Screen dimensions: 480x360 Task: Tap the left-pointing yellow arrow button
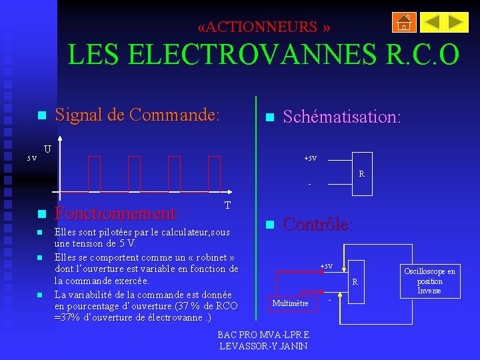tap(431, 23)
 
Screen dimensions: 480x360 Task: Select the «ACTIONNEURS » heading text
tap(264, 27)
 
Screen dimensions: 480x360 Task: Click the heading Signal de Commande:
tap(137, 115)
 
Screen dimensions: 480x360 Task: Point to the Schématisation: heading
tap(341, 117)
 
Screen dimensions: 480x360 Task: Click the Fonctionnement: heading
tap(117, 214)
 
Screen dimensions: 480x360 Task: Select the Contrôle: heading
tap(318, 224)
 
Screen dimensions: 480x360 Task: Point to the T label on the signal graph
tap(228, 205)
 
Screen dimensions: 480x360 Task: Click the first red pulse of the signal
tap(94, 173)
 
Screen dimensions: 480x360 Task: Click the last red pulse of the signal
tap(214, 173)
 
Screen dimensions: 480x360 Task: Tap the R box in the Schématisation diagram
tap(361, 175)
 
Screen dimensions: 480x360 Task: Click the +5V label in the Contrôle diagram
tap(326, 267)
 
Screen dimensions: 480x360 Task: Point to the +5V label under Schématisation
tap(310, 159)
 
